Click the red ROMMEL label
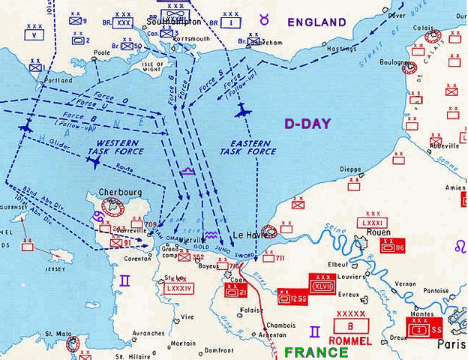349,340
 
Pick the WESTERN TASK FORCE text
120,146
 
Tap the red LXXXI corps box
373,223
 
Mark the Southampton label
172,22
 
